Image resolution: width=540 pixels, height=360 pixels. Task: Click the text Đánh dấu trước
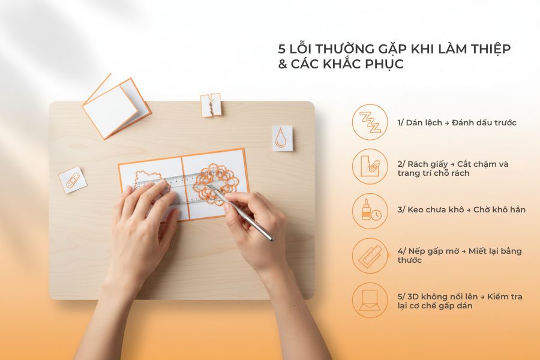click(x=482, y=122)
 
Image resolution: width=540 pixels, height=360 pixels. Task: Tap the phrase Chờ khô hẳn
click(x=499, y=209)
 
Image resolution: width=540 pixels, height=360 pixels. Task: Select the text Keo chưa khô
click(x=430, y=209)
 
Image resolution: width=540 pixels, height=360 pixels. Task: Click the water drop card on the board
click(x=282, y=138)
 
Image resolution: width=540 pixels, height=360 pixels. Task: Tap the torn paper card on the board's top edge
click(x=211, y=104)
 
